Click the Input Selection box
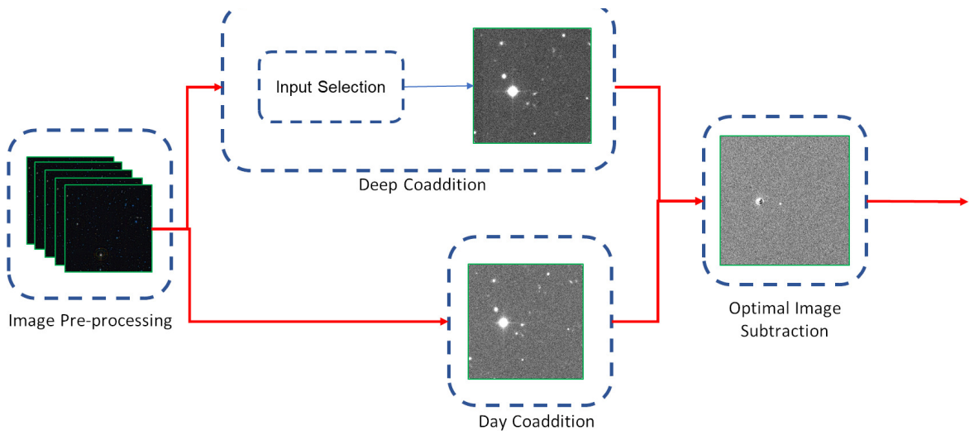331,87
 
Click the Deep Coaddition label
422,184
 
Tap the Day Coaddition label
536,422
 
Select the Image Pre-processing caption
89,321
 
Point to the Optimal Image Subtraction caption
784,320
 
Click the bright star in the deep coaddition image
513,91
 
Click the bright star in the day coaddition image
501,321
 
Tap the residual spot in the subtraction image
759,201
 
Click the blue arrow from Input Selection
438,84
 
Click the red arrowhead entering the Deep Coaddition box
217,87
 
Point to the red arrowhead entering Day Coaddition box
443,321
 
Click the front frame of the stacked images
108,227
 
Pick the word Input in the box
291,87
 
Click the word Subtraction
784,331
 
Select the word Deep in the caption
377,184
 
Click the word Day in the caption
493,422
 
